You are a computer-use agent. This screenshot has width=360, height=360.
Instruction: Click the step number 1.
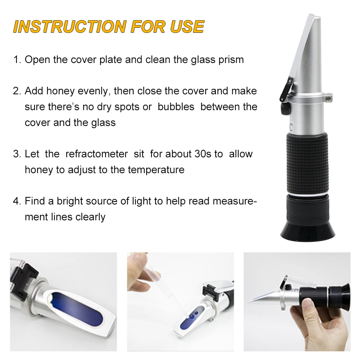[16, 60]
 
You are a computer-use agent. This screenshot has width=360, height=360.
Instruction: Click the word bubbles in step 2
[176, 107]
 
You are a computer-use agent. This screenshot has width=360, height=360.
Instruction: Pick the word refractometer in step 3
[96, 154]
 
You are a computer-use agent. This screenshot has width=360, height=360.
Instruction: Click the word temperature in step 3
[156, 170]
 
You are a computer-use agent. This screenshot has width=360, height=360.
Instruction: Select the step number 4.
[16, 201]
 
